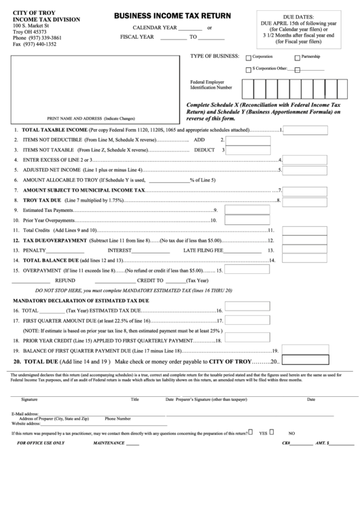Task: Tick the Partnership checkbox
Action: [x=297, y=57]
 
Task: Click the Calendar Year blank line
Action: [x=192, y=27]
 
